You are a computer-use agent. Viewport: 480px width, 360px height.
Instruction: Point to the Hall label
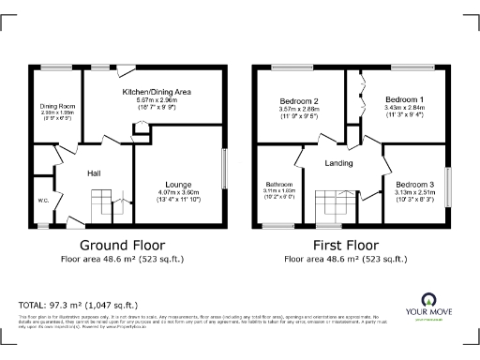click(x=94, y=173)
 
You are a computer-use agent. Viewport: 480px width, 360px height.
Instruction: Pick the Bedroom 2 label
click(x=300, y=100)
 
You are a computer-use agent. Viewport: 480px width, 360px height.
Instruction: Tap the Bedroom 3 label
click(x=413, y=185)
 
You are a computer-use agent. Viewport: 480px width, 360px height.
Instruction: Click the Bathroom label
click(x=280, y=184)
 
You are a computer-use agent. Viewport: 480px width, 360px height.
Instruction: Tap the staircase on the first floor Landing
click(x=328, y=203)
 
